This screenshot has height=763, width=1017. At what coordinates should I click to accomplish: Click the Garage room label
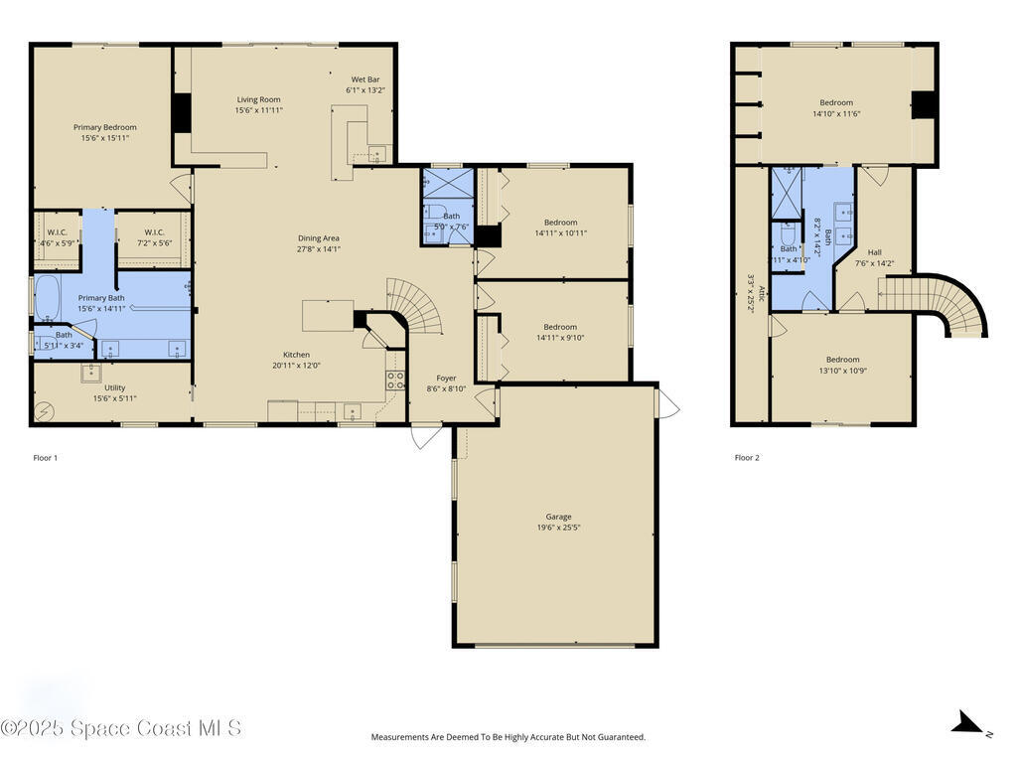point(558,517)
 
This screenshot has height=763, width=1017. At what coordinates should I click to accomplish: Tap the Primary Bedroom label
point(105,127)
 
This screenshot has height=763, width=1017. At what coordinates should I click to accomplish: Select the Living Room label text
point(258,99)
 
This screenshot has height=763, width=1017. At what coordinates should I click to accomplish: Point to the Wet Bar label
point(365,79)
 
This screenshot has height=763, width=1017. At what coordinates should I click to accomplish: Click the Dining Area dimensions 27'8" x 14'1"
point(319,249)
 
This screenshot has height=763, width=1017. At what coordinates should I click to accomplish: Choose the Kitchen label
point(296,355)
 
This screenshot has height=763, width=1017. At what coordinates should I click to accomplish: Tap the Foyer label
point(447,378)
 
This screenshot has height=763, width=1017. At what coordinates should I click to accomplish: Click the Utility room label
point(115,387)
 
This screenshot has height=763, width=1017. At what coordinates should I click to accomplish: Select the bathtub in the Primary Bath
point(47,298)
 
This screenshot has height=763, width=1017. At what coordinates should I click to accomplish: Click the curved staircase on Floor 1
point(417,303)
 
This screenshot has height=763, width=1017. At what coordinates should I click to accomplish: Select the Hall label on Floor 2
point(874,252)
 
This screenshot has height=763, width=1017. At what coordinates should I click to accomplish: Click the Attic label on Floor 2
point(761,295)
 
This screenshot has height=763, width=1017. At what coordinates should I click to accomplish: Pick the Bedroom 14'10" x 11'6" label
point(836,102)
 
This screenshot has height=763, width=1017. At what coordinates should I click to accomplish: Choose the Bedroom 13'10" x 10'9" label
point(842,360)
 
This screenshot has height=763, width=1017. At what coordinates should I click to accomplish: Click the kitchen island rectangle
point(328,315)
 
